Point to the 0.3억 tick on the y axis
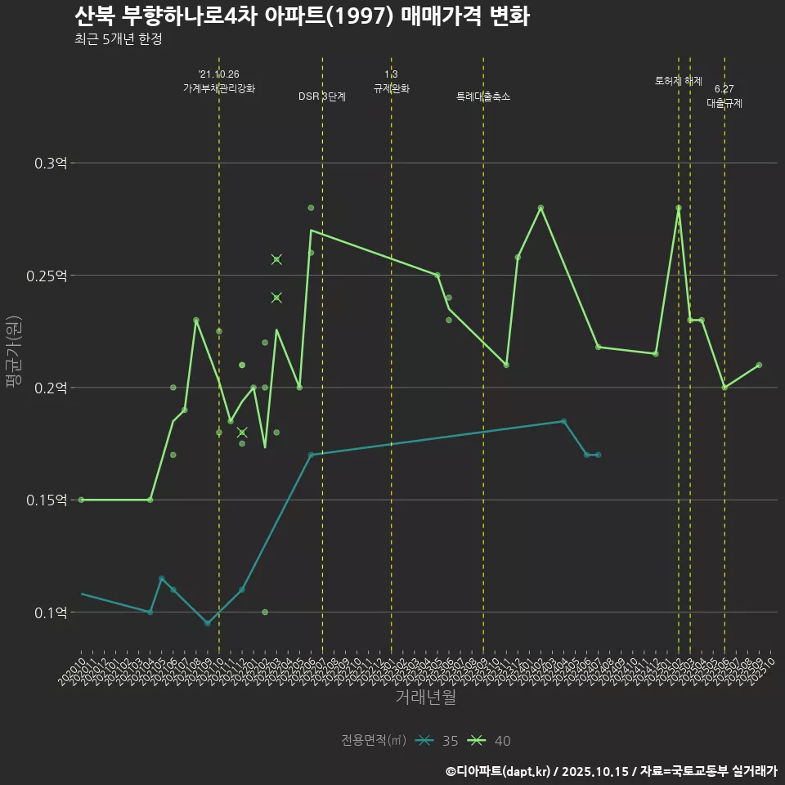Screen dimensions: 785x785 click(x=52, y=164)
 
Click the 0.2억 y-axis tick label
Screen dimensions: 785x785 click(x=52, y=388)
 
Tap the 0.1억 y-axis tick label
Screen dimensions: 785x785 click(x=52, y=612)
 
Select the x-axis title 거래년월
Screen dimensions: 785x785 click(x=425, y=697)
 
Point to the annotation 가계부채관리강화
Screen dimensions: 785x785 click(x=218, y=88)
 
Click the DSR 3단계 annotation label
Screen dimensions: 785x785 click(x=322, y=96)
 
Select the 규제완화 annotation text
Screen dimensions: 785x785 click(x=391, y=88)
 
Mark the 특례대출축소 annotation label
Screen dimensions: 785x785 click(x=482, y=96)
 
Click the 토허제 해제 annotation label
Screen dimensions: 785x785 click(x=678, y=81)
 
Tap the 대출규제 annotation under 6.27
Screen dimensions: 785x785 click(x=724, y=104)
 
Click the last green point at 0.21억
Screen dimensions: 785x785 click(x=759, y=365)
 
